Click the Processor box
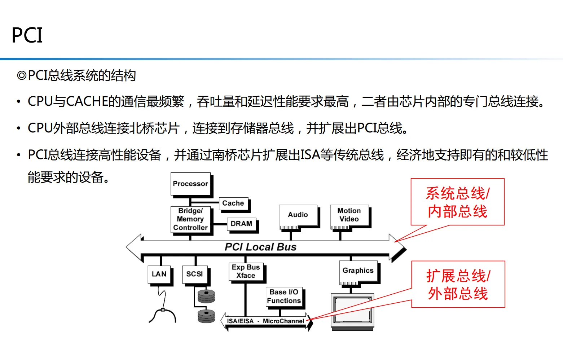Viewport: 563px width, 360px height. click(190, 184)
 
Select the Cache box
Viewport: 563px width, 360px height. click(233, 203)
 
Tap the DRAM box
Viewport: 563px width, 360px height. click(241, 224)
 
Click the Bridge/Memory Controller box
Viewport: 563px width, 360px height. click(190, 219)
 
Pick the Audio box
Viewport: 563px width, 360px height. click(298, 215)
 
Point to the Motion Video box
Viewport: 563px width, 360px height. click(349, 215)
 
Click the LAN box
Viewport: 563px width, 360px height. click(159, 275)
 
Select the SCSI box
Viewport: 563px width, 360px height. click(195, 275)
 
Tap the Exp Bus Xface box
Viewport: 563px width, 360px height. click(246, 272)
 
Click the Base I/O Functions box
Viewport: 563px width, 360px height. click(284, 297)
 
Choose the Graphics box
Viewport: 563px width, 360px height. click(358, 271)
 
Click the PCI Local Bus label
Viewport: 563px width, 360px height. click(260, 247)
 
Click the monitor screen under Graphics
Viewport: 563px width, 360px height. click(353, 309)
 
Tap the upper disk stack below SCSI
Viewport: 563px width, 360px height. click(206, 296)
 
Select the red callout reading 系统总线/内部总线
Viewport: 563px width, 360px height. click(457, 202)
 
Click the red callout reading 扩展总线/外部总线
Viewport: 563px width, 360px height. click(458, 285)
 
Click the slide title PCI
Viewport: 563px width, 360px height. click(27, 35)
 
